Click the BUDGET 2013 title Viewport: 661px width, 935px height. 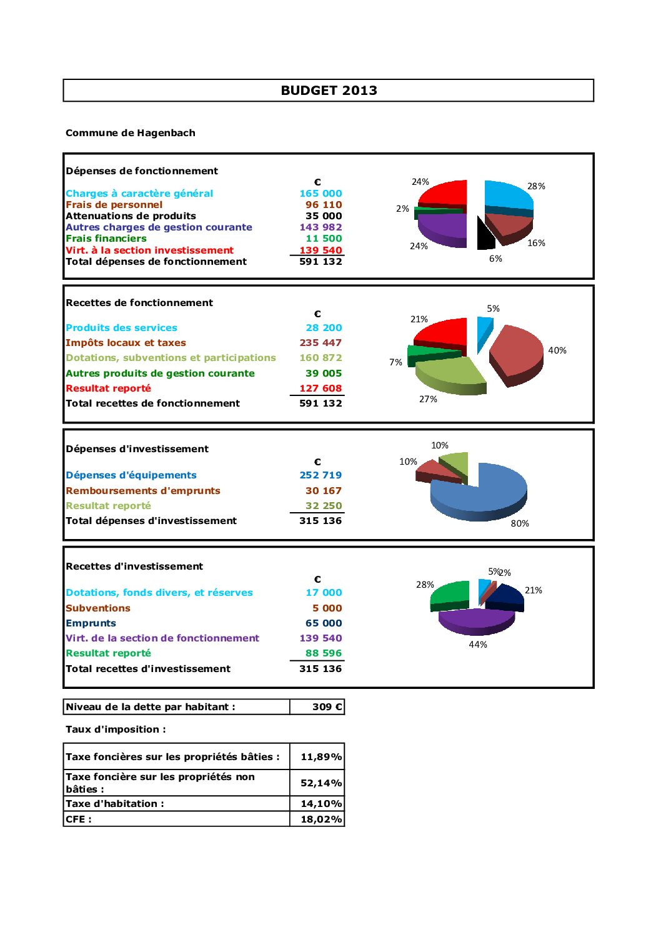(x=329, y=91)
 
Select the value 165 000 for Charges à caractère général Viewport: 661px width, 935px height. (x=321, y=194)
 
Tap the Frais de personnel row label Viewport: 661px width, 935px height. (x=114, y=205)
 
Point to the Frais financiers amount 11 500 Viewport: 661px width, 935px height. (x=324, y=239)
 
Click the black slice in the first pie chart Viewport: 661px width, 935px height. (x=485, y=235)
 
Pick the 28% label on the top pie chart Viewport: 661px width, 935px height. (x=536, y=186)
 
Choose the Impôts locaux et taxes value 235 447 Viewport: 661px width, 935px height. (x=321, y=343)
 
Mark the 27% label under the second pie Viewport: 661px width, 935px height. (x=428, y=399)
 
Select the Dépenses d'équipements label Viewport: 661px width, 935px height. (x=131, y=475)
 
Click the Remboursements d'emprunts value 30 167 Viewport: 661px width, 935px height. (x=324, y=491)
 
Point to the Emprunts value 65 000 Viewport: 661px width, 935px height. (x=324, y=623)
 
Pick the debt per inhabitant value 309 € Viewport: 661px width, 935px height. (x=327, y=707)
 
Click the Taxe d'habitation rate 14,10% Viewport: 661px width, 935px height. (x=321, y=804)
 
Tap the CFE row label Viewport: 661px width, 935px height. (x=79, y=819)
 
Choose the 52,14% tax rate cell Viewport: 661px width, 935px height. (x=321, y=783)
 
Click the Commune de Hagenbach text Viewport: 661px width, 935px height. (x=131, y=133)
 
